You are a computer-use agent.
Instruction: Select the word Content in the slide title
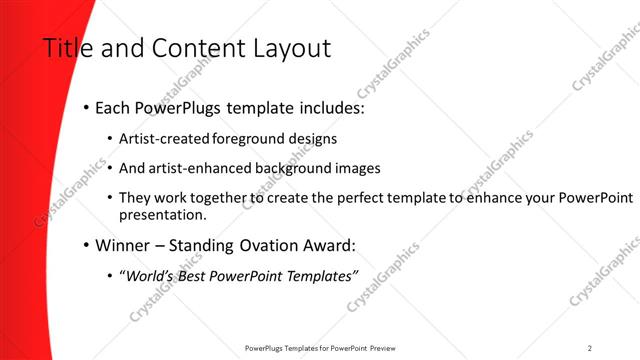pyautogui.click(x=190, y=47)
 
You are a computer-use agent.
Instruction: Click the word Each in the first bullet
pyautogui.click(x=114, y=106)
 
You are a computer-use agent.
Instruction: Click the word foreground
pyautogui.click(x=244, y=138)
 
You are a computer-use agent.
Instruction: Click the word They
pyautogui.click(x=135, y=198)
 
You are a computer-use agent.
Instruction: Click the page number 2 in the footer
pyautogui.click(x=590, y=348)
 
